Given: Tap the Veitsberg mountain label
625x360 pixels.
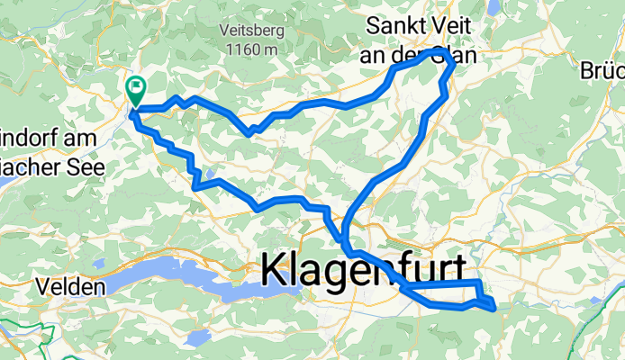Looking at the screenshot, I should tap(248, 30).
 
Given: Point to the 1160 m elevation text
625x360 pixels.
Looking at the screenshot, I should tap(248, 50).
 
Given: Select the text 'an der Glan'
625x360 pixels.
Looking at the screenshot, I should tap(422, 54).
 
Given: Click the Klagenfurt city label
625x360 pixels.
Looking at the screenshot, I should tap(364, 271).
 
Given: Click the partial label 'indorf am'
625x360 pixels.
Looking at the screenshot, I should tap(50, 139).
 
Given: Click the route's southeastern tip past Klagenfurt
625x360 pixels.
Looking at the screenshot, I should tap(494, 307).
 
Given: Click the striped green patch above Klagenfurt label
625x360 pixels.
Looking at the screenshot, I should tap(396, 243).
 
